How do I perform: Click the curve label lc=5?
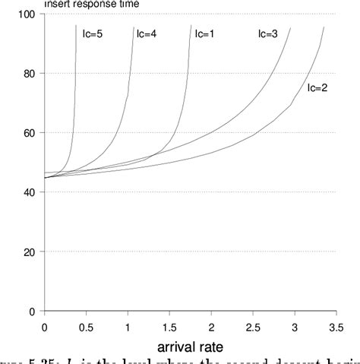tap(93, 33)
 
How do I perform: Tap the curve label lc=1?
tap(204, 33)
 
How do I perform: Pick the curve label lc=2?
tap(317, 88)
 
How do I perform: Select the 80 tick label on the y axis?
tap(30, 74)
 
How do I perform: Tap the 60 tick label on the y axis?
tap(30, 133)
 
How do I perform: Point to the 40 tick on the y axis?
tap(30, 192)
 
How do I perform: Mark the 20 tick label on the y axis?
tap(30, 252)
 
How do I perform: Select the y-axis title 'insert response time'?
tap(91, 5)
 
